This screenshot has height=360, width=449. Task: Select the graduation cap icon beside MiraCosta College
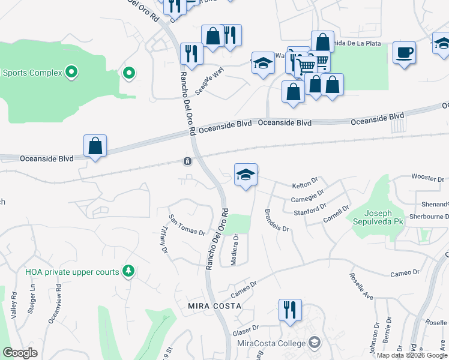tap(313, 343)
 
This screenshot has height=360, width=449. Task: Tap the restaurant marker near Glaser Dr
tap(290, 310)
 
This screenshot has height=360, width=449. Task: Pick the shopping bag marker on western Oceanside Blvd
tap(95, 146)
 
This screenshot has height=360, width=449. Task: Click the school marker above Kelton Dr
tap(246, 175)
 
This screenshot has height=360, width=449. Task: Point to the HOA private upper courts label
tap(73, 272)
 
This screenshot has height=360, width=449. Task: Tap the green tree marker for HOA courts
tap(128, 272)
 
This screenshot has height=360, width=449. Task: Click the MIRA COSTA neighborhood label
tap(214, 306)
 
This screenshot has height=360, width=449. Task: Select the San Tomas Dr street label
tap(187, 224)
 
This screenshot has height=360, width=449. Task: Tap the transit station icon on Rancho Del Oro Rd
tap(188, 161)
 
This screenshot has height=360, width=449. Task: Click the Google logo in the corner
tap(20, 353)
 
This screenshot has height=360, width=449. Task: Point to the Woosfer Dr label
tap(427, 178)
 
